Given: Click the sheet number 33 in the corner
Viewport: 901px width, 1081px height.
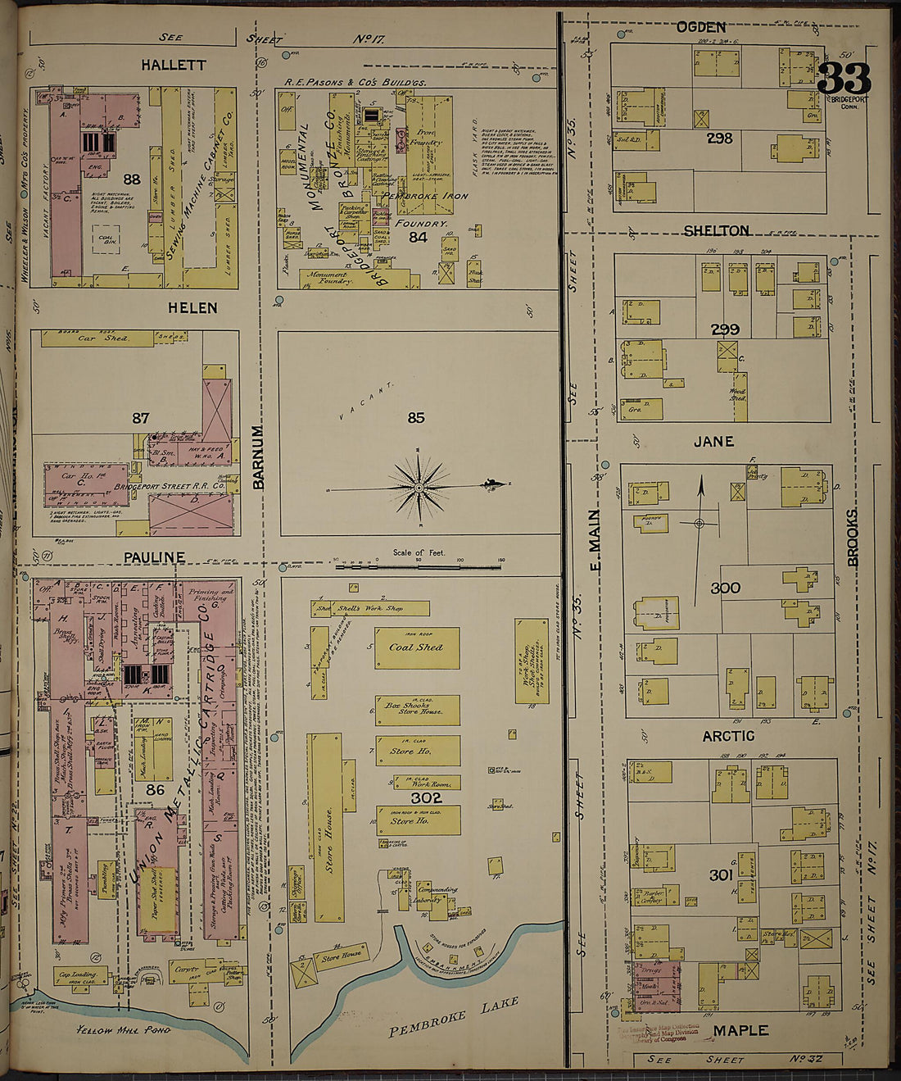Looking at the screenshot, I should pos(844,79).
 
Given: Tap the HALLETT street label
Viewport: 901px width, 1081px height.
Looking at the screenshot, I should pos(172,65).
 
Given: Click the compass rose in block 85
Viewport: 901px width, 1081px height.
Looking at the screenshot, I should pos(419,488).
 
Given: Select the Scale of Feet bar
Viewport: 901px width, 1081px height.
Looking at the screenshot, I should pos(419,565).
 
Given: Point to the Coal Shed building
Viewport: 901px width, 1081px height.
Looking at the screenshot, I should pos(416,647).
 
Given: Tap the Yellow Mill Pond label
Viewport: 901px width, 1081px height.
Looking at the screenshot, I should pos(122,1030).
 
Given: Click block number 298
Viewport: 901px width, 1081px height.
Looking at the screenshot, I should pos(719,139).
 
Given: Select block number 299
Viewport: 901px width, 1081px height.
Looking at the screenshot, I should pos(725,329).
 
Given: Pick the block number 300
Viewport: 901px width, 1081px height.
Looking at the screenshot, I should pos(726,588).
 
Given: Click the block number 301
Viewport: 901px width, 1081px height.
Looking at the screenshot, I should pos(722,875).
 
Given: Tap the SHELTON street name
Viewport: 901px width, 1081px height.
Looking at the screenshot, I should pos(716,231).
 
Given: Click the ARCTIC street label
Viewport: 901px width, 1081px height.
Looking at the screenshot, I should pos(727,737).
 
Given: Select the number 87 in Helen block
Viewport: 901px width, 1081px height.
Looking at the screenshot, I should pos(141,418).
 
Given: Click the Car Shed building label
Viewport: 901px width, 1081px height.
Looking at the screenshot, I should pos(98,338).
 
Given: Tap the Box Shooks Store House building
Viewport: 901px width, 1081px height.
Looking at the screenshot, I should pos(416,708).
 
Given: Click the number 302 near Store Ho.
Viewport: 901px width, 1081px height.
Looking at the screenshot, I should pos(427,797).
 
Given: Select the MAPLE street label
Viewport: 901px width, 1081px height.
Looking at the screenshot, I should pos(740,1030).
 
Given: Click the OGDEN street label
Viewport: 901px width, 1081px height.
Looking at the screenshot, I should pos(700,28).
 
